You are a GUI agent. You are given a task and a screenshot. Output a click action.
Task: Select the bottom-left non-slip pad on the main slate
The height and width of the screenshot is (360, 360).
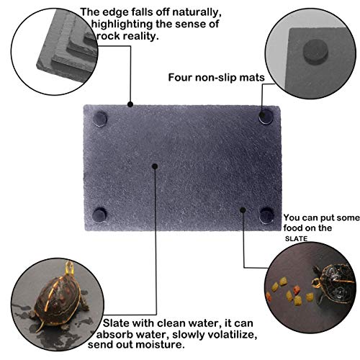pyautogui.click(x=100, y=214)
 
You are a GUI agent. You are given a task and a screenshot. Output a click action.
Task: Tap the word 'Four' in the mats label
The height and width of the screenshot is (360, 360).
pyautogui.click(x=180, y=77)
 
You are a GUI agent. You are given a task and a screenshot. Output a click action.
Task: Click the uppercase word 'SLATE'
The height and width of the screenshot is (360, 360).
pyautogui.click(x=295, y=238)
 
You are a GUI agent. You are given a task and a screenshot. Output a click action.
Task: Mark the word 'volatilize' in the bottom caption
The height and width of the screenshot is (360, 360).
pyautogui.click(x=224, y=336)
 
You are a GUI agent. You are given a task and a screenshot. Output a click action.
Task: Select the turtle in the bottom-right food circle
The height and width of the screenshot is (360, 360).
pyautogui.click(x=333, y=277)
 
